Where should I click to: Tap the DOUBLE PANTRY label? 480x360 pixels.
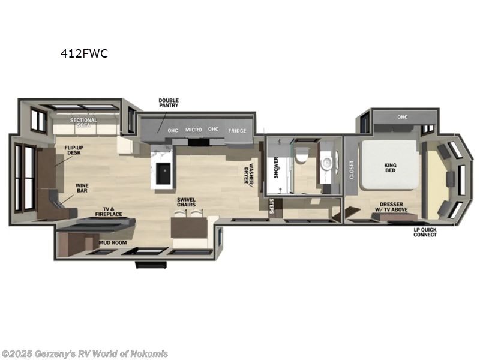[169, 103]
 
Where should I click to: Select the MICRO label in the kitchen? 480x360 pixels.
[193, 130]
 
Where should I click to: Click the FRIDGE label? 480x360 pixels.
[237, 130]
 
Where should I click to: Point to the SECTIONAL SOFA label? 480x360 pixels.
[83, 123]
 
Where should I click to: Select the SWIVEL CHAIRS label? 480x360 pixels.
[187, 203]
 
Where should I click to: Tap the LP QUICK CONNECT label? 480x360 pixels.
[425, 232]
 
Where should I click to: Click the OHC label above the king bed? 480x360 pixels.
[401, 117]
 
